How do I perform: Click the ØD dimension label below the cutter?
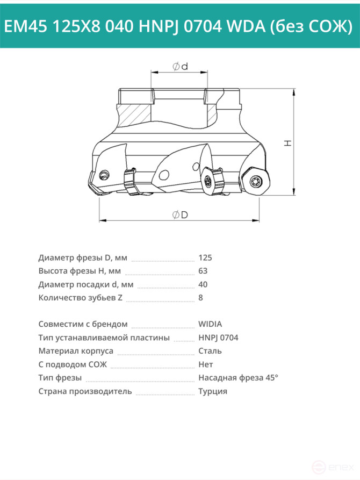coord(180,215)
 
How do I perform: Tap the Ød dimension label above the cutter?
coord(180,67)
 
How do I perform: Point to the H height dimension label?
coord(288,143)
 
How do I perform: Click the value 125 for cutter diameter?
coord(205,258)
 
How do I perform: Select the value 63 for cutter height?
coord(203,271)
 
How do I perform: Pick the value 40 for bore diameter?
coord(203,284)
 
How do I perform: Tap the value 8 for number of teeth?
coord(200,298)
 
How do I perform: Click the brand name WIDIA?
coord(210,324)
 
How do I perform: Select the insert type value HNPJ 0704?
coord(218,338)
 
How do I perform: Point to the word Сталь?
coord(210,351)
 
